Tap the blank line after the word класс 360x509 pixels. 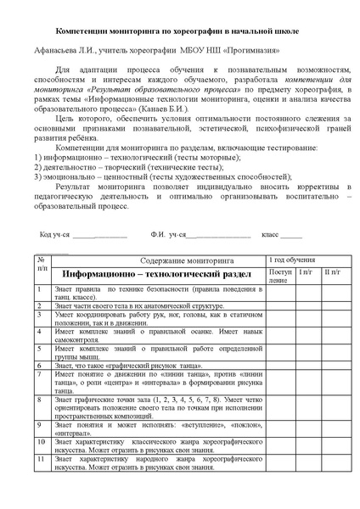coord(291,233)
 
